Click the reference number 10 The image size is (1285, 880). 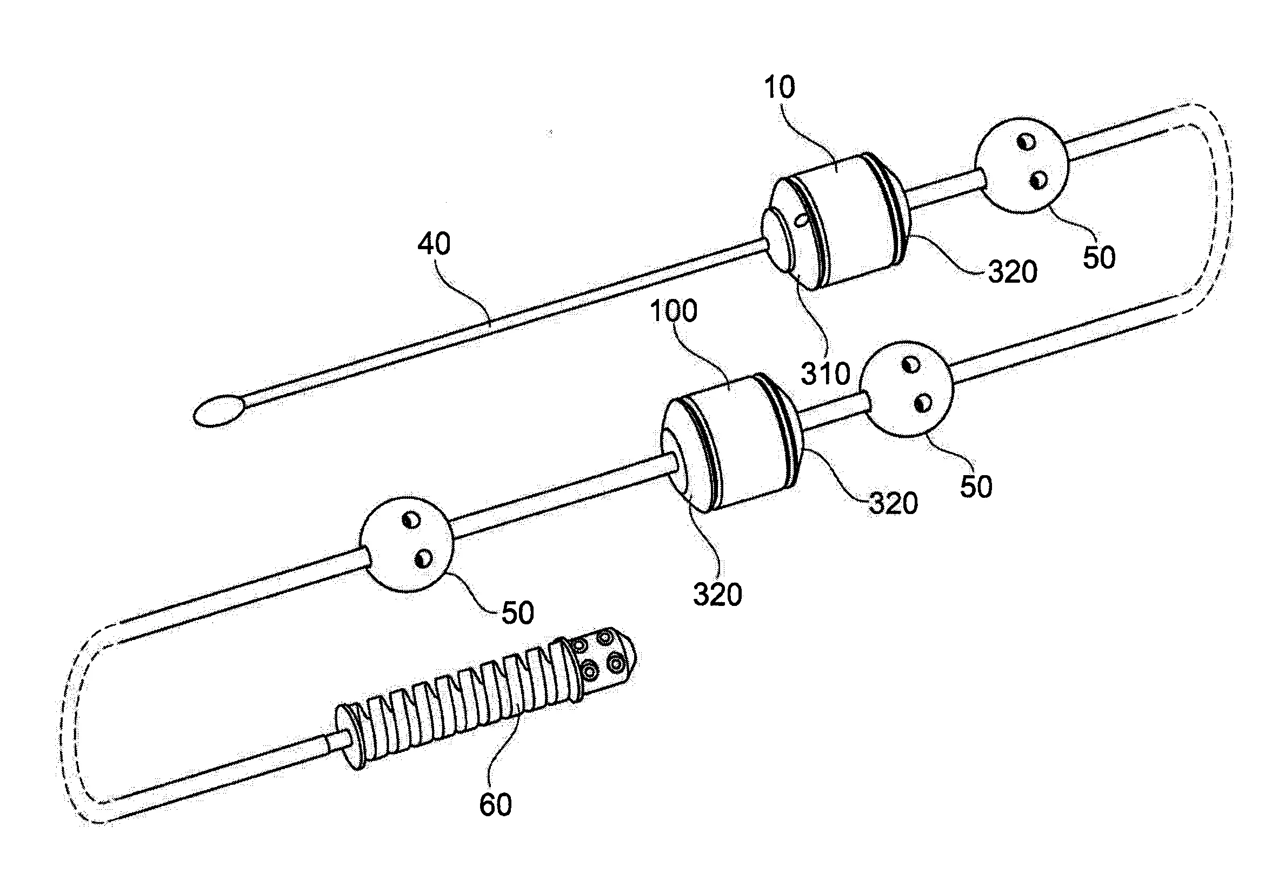780,88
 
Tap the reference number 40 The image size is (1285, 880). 434,244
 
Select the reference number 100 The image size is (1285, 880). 674,311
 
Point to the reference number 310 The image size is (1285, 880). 825,375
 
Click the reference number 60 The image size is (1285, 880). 495,805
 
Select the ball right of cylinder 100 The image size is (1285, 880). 907,389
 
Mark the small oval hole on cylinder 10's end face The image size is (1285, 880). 800,220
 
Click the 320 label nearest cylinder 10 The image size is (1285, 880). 1013,272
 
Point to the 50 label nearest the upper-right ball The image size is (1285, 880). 1098,258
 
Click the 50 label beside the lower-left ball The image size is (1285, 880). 517,612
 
